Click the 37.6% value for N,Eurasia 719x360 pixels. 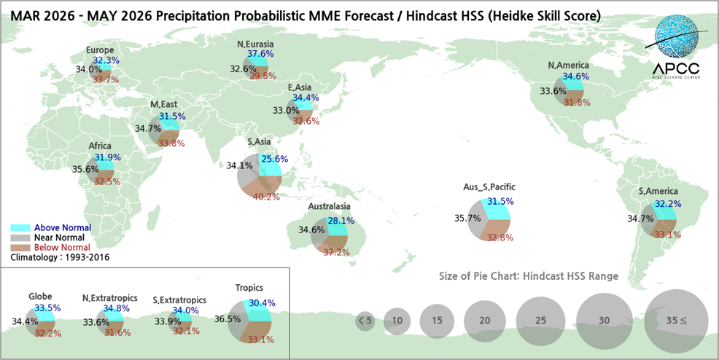tap(260, 54)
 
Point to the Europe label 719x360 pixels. tap(99, 50)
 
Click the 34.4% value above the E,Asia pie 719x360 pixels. tap(306, 98)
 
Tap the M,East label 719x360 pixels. tap(164, 105)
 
